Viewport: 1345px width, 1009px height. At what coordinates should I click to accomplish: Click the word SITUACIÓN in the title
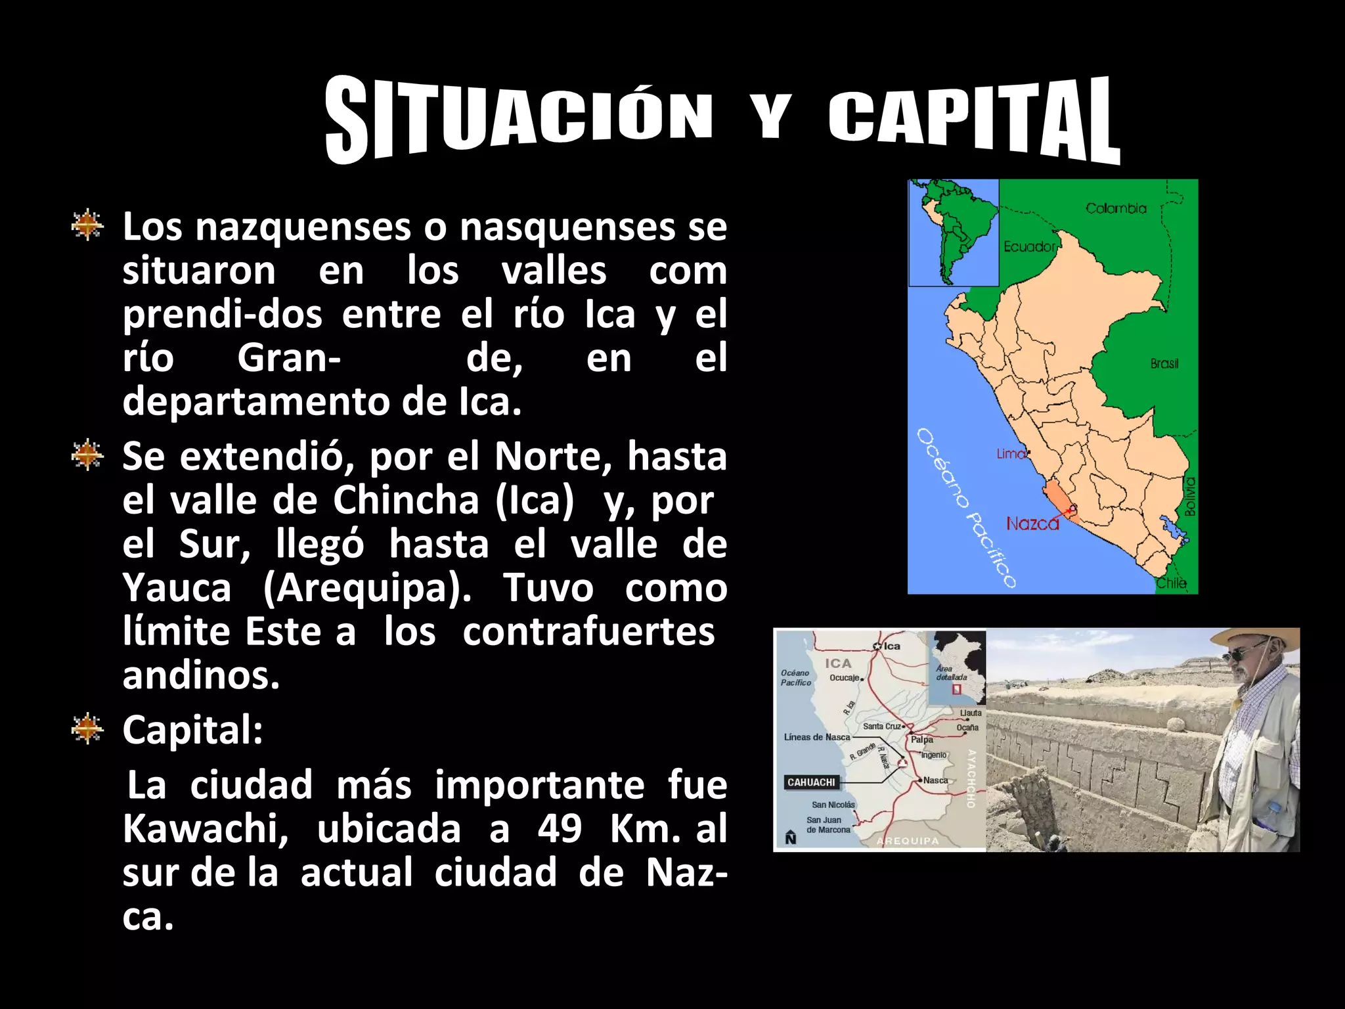point(519,118)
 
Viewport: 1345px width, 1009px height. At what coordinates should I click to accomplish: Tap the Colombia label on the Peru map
point(1116,208)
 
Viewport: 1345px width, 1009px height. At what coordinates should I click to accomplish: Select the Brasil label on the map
point(1164,363)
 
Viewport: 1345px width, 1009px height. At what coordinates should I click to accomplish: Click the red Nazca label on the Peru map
point(1032,524)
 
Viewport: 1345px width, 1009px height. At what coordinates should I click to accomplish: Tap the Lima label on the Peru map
point(1011,453)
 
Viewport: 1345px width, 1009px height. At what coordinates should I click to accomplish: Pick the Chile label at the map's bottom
point(1171,583)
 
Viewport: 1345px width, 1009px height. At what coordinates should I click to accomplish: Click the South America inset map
point(954,233)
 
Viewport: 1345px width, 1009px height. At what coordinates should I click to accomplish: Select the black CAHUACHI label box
point(811,782)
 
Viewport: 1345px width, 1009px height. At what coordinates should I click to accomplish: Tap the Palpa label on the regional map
point(922,740)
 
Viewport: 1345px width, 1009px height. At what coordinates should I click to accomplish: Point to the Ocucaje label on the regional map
point(844,678)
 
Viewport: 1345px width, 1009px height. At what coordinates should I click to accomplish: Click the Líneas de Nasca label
point(817,737)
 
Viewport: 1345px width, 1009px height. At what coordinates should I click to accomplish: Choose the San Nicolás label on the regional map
point(833,805)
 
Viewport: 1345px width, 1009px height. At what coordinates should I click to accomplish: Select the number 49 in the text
point(559,829)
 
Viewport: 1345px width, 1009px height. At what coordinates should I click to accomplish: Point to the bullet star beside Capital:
point(87,729)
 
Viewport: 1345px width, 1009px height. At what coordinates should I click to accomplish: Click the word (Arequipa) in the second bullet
point(366,588)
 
